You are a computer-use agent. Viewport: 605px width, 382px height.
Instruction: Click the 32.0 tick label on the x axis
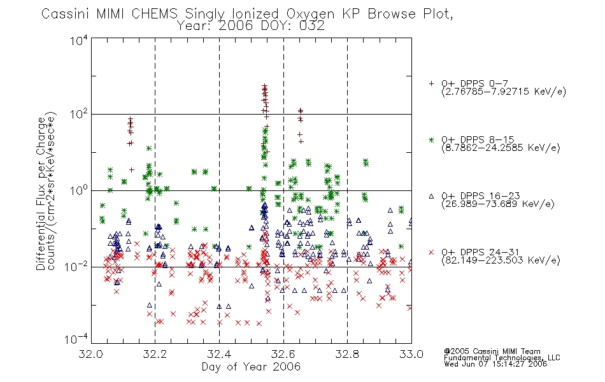(90, 354)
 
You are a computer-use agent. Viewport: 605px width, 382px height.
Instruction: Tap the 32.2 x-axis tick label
(155, 354)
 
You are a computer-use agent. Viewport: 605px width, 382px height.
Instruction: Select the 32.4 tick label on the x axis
(219, 354)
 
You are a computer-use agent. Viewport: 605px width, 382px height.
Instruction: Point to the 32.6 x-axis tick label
(283, 354)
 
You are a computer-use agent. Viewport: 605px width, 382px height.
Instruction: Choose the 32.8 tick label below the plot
(347, 354)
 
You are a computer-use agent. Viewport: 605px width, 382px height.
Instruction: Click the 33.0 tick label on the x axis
(411, 354)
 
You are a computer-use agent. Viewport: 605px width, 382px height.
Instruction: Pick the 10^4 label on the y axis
(78, 40)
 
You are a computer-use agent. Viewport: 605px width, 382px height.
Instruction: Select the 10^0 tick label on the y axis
(78, 191)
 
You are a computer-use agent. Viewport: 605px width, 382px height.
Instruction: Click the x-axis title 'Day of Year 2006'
(251, 367)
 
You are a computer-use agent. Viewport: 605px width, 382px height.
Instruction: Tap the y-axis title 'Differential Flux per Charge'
(41, 194)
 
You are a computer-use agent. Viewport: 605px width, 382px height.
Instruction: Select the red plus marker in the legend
(431, 83)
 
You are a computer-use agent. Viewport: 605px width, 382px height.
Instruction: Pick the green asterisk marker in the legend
(431, 139)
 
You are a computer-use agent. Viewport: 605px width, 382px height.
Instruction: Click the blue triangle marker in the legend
(431, 196)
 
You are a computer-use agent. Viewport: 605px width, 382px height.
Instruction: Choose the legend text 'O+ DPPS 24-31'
(480, 252)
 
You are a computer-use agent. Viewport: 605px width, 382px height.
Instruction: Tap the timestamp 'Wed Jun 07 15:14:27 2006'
(495, 364)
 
